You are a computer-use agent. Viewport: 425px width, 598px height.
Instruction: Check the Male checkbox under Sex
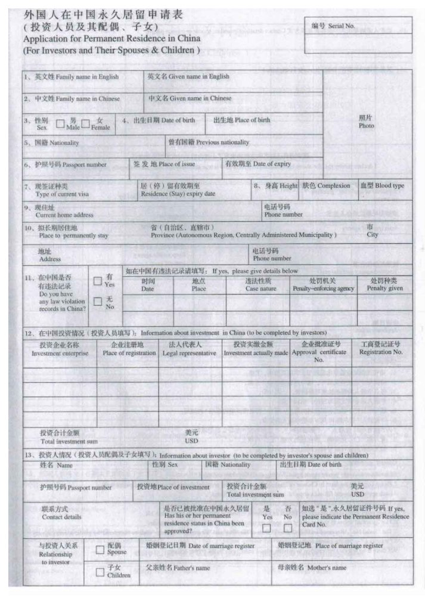[60, 124]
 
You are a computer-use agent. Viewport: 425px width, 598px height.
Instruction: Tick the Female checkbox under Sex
[86, 124]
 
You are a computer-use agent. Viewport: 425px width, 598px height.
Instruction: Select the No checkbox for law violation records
[98, 302]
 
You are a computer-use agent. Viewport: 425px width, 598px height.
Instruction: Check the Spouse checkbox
[100, 549]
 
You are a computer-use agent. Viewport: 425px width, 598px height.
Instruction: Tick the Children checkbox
[100, 572]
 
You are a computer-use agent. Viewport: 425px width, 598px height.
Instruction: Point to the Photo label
[366, 126]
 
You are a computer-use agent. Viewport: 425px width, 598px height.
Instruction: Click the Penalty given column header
[384, 289]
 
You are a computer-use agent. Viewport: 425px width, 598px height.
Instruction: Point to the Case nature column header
[260, 289]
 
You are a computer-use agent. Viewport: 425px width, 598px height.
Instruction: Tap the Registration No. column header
[381, 352]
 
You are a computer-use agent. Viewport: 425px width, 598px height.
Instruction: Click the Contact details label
[61, 517]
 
